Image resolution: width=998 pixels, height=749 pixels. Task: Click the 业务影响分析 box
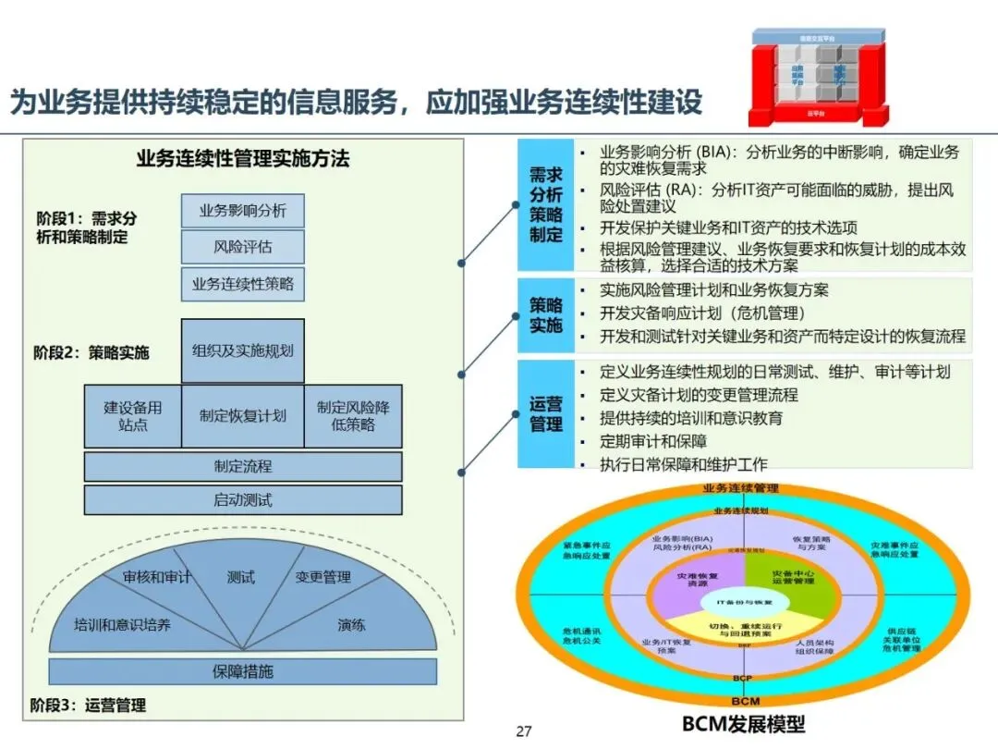[x=242, y=211]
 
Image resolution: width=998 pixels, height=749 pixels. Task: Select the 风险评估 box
[x=242, y=248]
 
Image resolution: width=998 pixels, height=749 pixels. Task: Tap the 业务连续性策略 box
[x=242, y=284]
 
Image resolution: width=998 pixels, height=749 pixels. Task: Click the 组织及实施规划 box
[x=242, y=350]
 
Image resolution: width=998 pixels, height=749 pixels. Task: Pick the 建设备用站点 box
[x=132, y=416]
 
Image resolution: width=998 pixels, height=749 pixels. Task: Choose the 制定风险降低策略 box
[x=353, y=416]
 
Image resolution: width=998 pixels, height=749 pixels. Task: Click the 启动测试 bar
[x=242, y=500]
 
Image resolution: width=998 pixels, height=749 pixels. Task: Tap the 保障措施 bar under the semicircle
[x=242, y=671]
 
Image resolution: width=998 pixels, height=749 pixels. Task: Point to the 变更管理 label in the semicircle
[x=323, y=577]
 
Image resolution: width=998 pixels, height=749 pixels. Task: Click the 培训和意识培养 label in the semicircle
[x=122, y=625]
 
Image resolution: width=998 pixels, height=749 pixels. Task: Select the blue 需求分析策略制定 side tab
[x=545, y=204]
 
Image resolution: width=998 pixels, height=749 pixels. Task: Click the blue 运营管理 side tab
[x=545, y=414]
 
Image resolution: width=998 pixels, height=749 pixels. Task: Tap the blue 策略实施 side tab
[x=545, y=314]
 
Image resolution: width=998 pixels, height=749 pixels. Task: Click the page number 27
[x=524, y=732]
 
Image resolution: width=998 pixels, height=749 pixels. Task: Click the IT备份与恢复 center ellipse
[x=744, y=602]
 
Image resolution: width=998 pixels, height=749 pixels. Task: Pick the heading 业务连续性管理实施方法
[x=242, y=158]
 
